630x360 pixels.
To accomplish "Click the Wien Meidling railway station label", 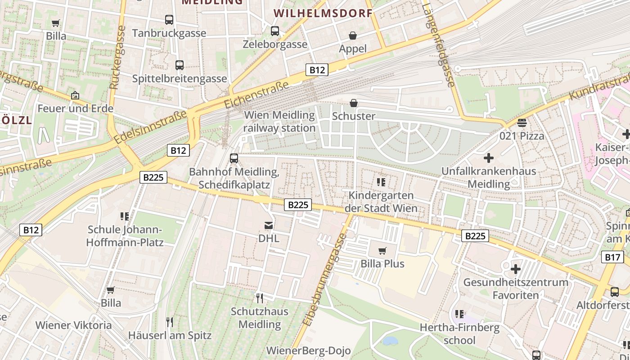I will pos(279,121).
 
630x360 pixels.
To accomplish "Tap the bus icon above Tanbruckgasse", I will pos(169,20).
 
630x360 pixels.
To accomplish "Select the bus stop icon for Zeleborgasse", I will pos(275,31).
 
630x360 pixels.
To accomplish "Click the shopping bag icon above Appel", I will pos(353,36).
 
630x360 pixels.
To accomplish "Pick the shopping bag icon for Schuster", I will pos(354,103).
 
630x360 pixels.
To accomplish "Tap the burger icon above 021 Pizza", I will pos(522,122).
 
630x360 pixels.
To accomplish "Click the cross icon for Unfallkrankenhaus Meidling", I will pos(488,158).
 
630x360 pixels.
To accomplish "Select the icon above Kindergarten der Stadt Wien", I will pos(381,182).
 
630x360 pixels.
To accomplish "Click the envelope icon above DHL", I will pos(269,225).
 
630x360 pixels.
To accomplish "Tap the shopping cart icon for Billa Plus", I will pos(382,251).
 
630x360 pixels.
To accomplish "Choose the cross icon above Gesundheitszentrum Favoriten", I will pos(516,270).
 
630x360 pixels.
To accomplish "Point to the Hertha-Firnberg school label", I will pos(459,333).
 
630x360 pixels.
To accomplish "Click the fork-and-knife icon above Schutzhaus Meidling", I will pos(259,298).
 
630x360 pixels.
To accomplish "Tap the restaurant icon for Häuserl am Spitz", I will pos(170,322).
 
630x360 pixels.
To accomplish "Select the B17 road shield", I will pos(612,257).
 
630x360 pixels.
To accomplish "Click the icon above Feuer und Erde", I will pos(75,95).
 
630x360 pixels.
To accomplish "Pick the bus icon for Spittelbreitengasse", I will pos(180,65).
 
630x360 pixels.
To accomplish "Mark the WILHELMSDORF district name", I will pos(323,13).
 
